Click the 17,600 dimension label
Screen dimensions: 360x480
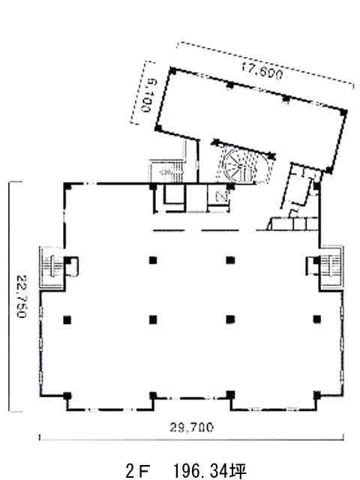pyautogui.click(x=262, y=71)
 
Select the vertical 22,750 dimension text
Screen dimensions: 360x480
pyautogui.click(x=22, y=297)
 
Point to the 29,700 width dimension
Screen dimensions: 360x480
pyautogui.click(x=191, y=427)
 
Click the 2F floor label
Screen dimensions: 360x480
pyautogui.click(x=139, y=471)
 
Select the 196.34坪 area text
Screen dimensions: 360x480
pyautogui.click(x=210, y=471)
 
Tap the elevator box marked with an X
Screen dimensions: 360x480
pyautogui.click(x=220, y=196)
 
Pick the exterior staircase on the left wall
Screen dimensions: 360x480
pyautogui.click(x=52, y=267)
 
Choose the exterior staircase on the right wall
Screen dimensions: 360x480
pyautogui.click(x=331, y=266)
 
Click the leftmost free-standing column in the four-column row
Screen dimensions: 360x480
pyautogui.click(x=67, y=320)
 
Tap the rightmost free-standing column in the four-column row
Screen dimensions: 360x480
pyautogui.click(x=316, y=319)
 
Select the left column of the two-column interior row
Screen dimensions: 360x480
pyautogui.click(x=153, y=260)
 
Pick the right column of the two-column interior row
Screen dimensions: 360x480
pyautogui.click(x=230, y=260)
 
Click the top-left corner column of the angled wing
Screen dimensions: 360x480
pyautogui.click(x=173, y=71)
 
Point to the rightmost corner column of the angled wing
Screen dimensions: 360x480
pyautogui.click(x=343, y=112)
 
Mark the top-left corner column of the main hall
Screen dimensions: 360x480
pyautogui.click(x=67, y=186)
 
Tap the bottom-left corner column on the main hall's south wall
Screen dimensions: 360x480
pyautogui.click(x=67, y=396)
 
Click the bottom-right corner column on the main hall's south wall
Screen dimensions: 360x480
pyautogui.click(x=316, y=395)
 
